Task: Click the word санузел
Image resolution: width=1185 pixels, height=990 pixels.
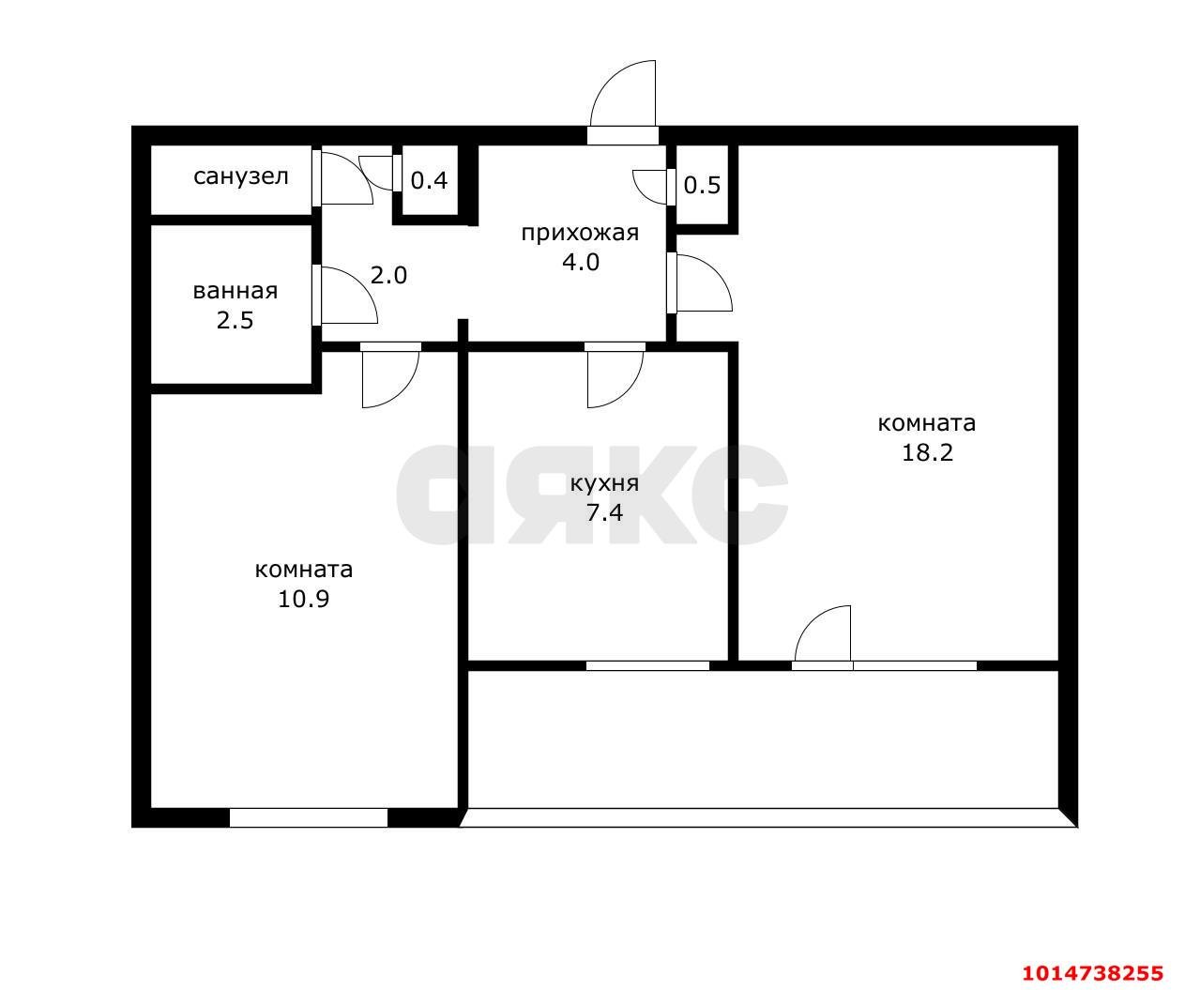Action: coord(240,176)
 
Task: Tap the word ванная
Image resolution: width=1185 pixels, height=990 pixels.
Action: coord(235,291)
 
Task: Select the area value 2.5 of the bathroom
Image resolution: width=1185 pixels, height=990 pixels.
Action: coord(235,321)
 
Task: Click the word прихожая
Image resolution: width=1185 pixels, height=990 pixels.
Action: coord(580,234)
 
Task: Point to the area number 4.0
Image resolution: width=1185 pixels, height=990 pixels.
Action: coord(581,263)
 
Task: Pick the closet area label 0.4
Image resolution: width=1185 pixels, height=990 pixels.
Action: coord(429,181)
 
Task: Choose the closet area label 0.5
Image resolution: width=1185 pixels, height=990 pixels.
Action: coord(702,186)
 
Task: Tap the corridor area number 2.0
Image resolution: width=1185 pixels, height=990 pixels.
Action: coord(388,276)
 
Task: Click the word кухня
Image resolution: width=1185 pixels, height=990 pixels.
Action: coord(604,484)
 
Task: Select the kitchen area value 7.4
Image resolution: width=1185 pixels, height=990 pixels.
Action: coord(604,513)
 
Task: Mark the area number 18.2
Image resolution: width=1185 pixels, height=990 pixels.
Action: coord(927,453)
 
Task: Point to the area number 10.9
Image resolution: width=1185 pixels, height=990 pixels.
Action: coord(303,600)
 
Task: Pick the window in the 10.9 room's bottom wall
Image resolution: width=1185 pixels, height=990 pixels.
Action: coord(308,818)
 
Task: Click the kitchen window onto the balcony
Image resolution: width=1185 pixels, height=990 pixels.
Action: coord(647,666)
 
